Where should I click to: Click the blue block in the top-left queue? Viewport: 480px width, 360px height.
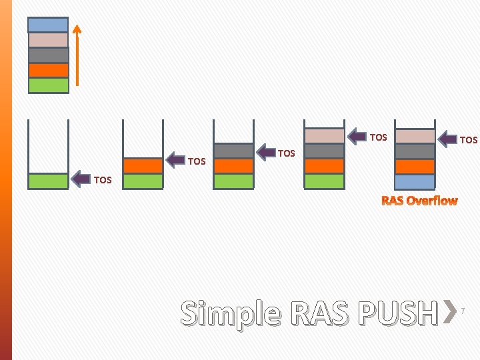pos(48,25)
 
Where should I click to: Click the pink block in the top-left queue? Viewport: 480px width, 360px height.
pos(48,40)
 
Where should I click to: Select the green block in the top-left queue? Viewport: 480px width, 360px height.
pos(48,85)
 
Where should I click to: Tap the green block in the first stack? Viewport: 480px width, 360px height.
pos(48,181)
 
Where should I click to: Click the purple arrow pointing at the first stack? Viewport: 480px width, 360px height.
pos(81,179)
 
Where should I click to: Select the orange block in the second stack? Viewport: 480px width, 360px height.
pos(143,165)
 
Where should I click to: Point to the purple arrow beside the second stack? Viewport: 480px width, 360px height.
pos(175,160)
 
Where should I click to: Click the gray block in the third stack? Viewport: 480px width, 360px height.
pos(233,151)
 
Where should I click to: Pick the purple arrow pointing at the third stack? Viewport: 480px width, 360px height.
pos(266,153)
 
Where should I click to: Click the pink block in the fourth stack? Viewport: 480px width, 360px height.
pos(324,136)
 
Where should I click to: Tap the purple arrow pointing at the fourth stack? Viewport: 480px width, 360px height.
pos(357,136)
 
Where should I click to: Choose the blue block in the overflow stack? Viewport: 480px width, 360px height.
pos(415,181)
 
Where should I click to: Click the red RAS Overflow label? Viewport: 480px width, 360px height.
pos(419,200)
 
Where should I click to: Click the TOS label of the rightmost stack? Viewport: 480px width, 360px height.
pos(469,140)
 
